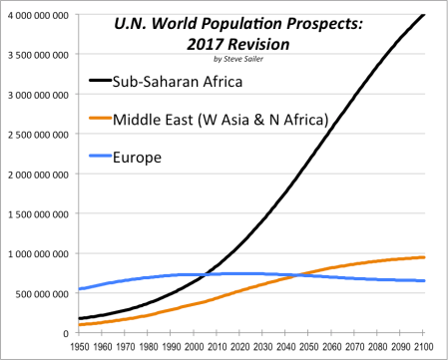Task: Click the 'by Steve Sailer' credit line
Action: click(238, 59)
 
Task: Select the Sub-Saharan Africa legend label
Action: click(178, 82)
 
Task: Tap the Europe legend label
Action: click(137, 158)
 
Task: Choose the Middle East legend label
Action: click(221, 120)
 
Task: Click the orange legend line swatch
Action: click(101, 118)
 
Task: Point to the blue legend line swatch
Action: click(101, 156)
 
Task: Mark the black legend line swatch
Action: click(101, 80)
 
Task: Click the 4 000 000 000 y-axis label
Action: click(38, 15)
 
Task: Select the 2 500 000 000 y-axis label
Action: click(38, 135)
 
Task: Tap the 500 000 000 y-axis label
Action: click(42, 294)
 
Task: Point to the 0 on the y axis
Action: click(66, 333)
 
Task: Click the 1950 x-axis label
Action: click(80, 347)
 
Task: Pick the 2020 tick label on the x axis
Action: click(240, 347)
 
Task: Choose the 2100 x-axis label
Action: click(424, 347)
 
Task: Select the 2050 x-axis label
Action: click(309, 347)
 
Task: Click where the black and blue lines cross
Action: click(206, 274)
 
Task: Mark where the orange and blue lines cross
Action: click(297, 275)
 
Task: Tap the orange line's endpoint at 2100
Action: click(424, 257)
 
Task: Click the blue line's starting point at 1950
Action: click(79, 289)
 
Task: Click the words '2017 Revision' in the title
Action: click(238, 44)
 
